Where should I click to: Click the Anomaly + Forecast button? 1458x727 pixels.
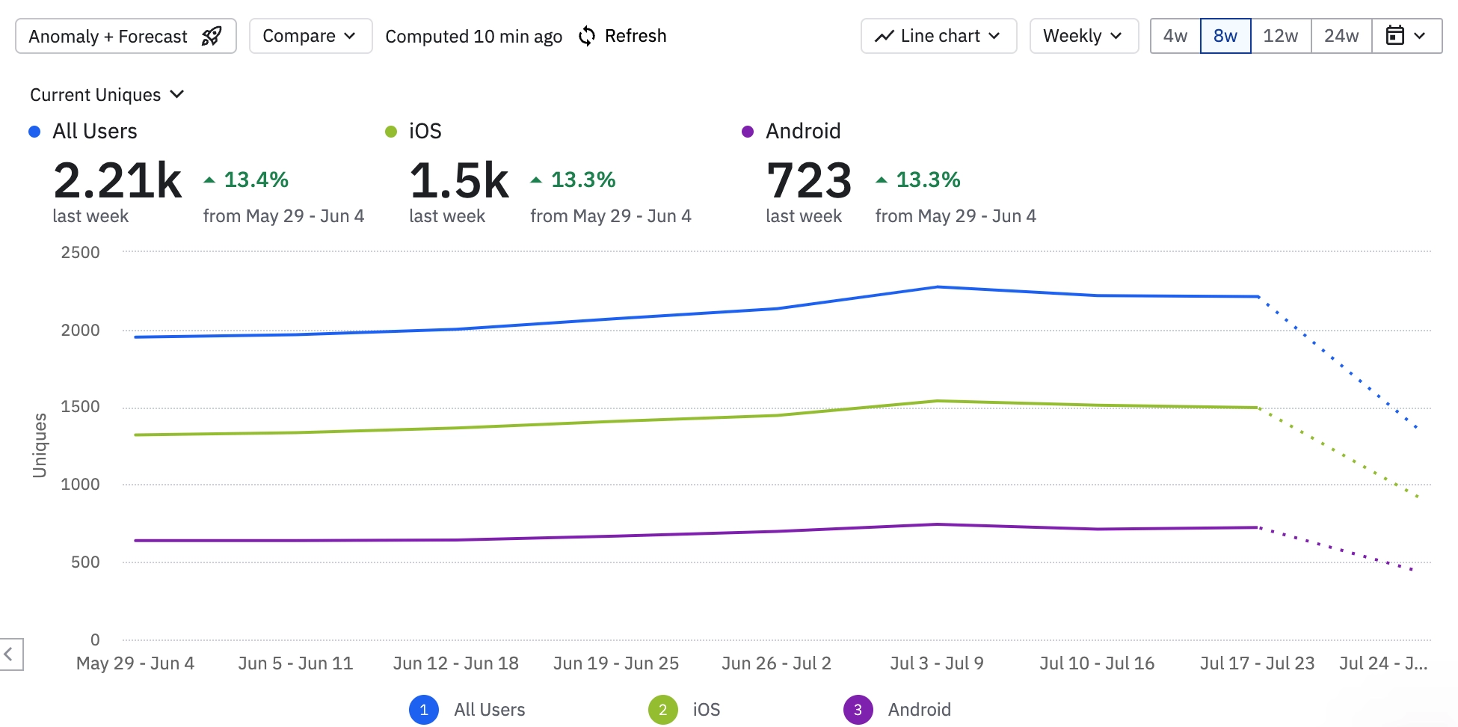point(126,36)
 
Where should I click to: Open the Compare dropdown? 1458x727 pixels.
point(310,36)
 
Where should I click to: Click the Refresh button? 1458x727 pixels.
point(623,36)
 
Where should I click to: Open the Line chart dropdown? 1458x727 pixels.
point(938,36)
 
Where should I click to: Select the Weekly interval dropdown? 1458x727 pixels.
point(1083,36)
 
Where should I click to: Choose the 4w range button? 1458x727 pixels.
point(1175,36)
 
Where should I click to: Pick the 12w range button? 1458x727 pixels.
point(1280,36)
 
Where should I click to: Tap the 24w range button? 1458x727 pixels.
point(1341,36)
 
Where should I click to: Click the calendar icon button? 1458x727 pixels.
point(1406,36)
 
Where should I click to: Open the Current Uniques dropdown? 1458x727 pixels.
point(106,95)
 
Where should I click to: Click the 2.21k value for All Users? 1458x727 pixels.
point(117,181)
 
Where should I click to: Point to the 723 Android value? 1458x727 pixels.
point(809,181)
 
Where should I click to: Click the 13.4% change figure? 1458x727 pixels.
point(256,180)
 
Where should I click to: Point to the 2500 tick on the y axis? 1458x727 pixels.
point(80,253)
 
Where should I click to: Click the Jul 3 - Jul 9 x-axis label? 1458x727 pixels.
point(937,663)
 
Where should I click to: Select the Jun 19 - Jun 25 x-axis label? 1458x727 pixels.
point(616,663)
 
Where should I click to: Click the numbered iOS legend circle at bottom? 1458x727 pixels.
point(662,710)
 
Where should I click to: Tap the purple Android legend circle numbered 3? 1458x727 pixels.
point(858,710)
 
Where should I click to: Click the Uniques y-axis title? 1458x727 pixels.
point(40,445)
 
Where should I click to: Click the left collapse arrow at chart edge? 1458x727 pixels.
point(10,654)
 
